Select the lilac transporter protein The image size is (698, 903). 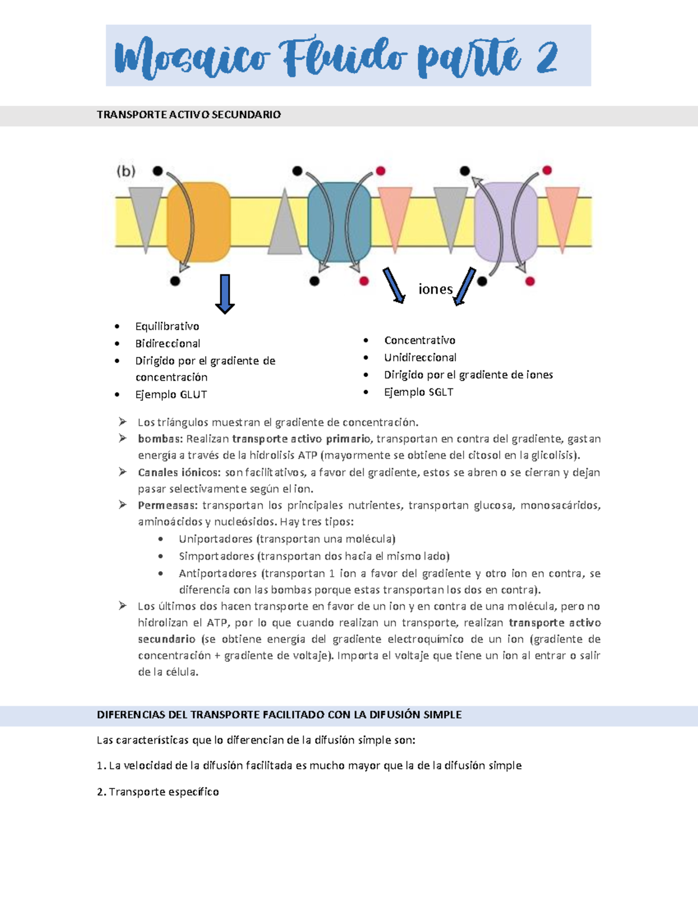pos(505,222)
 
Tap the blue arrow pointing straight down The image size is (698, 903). pos(225,293)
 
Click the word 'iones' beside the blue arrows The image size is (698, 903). pos(435,289)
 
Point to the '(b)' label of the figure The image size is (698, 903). pos(126,171)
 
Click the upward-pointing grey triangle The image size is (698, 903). pos(284,224)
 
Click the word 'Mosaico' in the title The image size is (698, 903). pos(192,58)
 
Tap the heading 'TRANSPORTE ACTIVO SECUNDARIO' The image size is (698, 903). pos(188,115)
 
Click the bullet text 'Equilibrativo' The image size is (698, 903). pos(167,326)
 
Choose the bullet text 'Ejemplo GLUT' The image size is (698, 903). pos(171,395)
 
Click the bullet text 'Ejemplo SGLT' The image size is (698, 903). pos(418,392)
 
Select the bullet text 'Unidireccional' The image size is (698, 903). pos(420,358)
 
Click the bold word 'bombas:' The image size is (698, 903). pos(160,439)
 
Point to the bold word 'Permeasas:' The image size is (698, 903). pos(168,505)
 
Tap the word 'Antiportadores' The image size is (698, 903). pos(218,573)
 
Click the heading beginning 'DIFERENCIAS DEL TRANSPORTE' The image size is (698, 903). pos(279,715)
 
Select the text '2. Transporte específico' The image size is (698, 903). pos(158,792)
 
